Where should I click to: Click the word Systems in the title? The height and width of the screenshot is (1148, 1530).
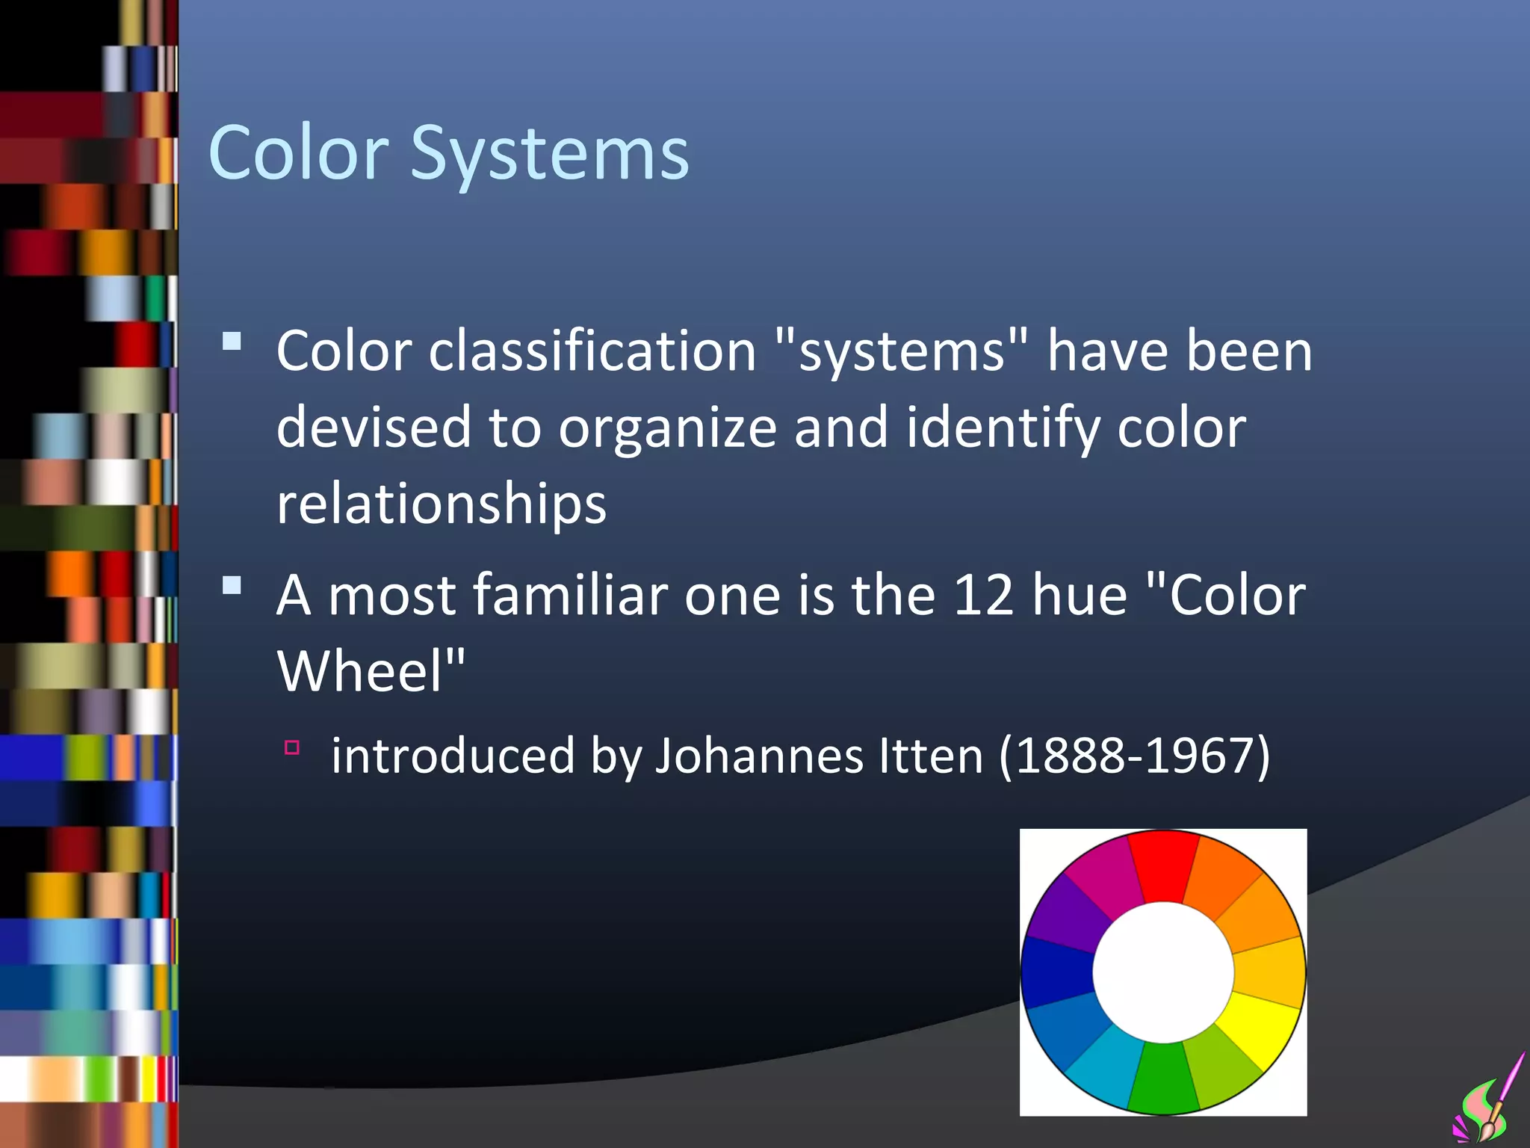coord(549,154)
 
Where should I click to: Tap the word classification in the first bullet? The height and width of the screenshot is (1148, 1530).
coord(592,351)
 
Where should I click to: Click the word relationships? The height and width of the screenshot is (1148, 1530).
coord(441,504)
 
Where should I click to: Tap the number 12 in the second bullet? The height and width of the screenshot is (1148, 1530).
coord(983,596)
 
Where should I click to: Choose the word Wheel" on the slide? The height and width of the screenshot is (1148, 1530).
coord(371,671)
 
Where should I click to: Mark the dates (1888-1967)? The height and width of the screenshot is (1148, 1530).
coord(1134,756)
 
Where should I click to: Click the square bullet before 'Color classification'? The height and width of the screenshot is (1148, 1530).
coord(232,342)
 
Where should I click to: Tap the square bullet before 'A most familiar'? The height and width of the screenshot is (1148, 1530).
coord(232,585)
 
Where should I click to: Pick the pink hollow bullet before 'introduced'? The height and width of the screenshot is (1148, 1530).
coord(292,747)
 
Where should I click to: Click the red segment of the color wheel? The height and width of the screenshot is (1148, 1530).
coord(1162,865)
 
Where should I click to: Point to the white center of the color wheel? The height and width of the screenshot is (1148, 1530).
coord(1163,972)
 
